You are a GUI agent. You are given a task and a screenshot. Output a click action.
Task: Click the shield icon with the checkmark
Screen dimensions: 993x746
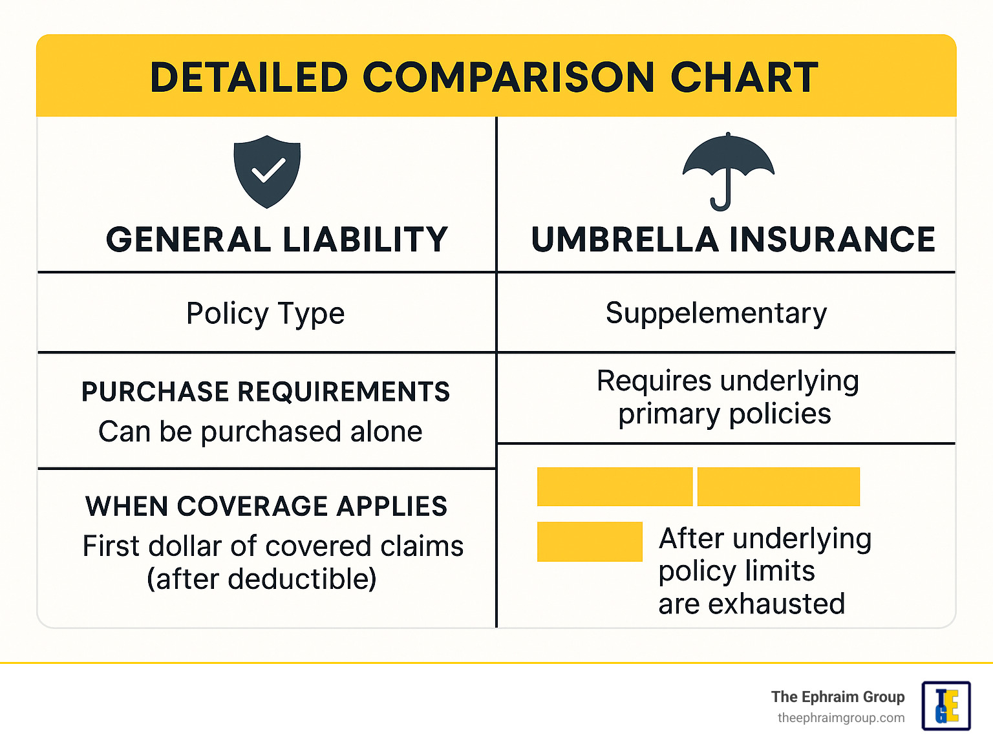[267, 172]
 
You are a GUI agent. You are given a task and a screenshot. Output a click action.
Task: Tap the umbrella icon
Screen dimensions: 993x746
[729, 171]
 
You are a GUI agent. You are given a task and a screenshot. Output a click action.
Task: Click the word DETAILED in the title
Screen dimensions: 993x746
[249, 78]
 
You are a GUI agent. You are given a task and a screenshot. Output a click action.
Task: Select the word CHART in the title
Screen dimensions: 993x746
[744, 78]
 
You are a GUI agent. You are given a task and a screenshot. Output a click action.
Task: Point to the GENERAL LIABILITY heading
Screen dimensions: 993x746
[277, 239]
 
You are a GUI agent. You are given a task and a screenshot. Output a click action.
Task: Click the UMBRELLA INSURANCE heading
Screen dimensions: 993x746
[733, 239]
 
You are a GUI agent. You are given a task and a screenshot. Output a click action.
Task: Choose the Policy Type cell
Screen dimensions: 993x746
[266, 313]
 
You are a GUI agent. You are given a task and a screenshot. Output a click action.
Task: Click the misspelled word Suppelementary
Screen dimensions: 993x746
[716, 313]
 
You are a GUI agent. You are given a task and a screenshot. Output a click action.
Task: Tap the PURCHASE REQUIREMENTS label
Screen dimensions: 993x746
[266, 391]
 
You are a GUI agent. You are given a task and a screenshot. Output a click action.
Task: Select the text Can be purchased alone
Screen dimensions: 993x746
[261, 431]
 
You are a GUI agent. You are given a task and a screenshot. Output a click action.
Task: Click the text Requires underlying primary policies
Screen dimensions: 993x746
[727, 397]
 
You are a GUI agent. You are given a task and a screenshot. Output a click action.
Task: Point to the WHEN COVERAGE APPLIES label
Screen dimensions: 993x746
[266, 506]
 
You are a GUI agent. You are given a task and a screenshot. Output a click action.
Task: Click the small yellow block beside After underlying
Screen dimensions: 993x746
[590, 542]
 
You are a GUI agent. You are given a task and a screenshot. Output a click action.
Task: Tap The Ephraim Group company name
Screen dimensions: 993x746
[838, 697]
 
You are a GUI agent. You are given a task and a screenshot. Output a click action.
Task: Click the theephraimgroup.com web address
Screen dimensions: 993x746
[841, 718]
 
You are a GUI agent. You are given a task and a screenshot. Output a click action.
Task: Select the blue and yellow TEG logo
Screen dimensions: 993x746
[946, 706]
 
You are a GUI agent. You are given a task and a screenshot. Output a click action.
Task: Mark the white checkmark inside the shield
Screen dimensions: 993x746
[269, 169]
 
